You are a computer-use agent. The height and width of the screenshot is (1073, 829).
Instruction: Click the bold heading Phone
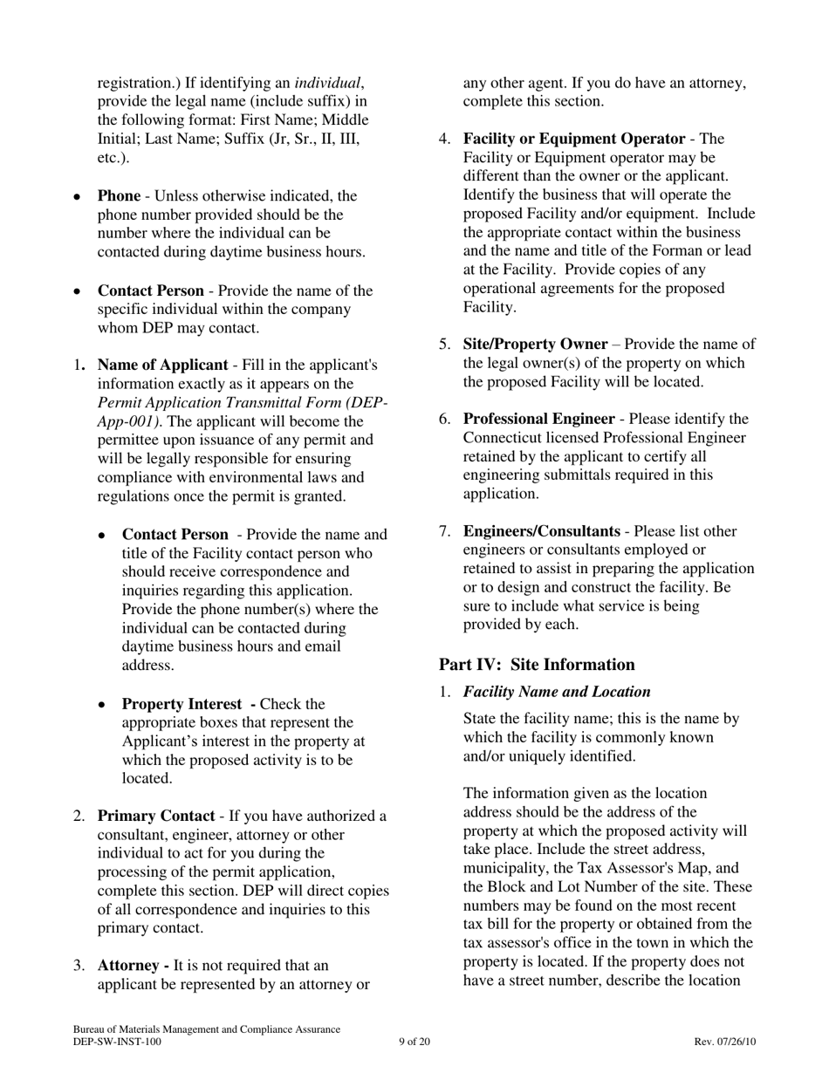(118, 196)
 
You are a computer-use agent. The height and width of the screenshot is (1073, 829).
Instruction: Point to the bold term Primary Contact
(155, 817)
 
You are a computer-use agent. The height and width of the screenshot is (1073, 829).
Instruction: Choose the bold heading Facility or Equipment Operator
(573, 140)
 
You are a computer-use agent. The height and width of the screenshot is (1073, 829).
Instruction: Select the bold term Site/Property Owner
(535, 345)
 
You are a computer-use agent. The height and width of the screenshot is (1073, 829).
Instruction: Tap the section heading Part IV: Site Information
(537, 665)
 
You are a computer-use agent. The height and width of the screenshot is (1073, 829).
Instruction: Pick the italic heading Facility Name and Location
(557, 692)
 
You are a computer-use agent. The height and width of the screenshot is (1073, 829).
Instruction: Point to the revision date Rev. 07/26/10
(724, 1042)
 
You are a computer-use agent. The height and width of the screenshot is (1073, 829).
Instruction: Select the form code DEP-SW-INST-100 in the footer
(117, 1042)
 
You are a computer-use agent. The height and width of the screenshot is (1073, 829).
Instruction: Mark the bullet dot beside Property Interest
(103, 705)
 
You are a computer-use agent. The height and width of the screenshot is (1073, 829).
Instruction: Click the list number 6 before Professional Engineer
(444, 420)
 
